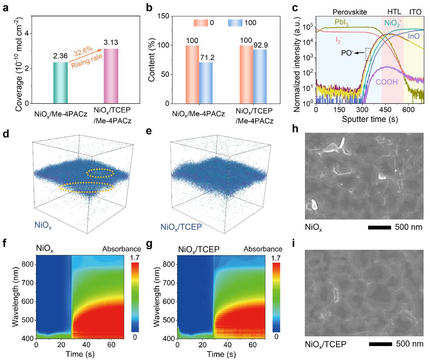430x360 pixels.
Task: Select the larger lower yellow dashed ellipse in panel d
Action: (x=87, y=188)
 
